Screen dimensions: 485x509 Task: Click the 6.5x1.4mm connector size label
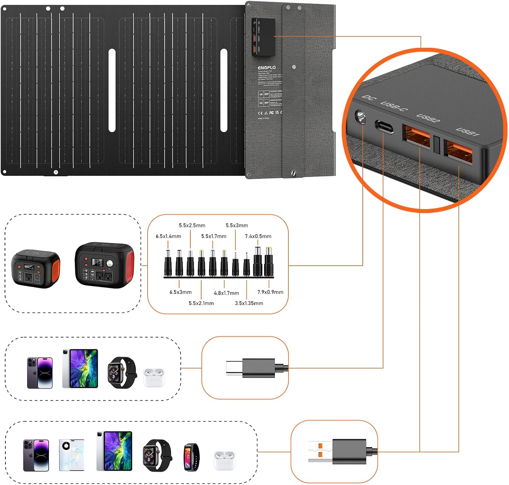168,236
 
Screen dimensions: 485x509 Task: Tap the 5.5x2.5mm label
192,225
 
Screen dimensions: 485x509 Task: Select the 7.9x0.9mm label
270,292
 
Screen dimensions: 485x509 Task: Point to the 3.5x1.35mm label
249,303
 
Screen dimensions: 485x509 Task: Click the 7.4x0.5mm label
258,236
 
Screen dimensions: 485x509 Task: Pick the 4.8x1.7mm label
226,293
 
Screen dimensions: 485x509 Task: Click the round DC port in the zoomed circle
360,117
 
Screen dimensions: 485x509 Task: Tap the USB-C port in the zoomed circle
384,126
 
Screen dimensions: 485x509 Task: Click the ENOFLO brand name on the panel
266,68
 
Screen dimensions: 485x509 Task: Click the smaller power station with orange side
36,268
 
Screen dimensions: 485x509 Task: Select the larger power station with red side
105,265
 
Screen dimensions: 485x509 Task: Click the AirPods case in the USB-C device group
154,377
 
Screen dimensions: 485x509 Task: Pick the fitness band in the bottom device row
192,457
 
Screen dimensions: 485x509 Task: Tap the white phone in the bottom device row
71,455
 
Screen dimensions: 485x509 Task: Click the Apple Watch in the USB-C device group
122,372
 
